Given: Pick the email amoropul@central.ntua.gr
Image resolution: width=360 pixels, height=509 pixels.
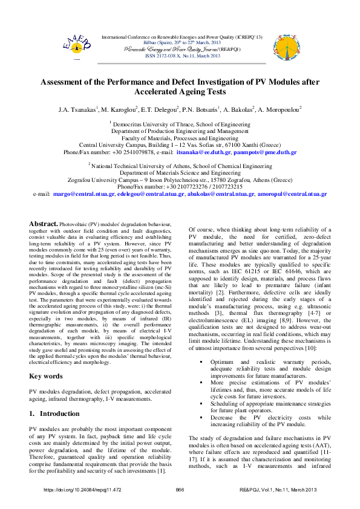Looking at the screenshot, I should point(292,194).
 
